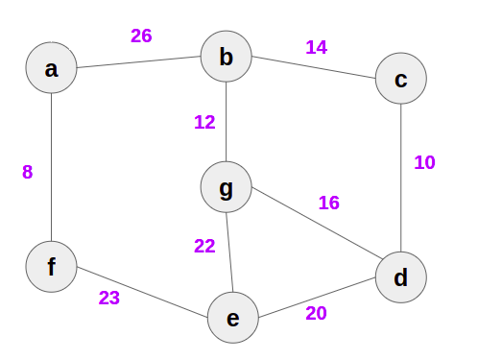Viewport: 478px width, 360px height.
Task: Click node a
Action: [51, 68]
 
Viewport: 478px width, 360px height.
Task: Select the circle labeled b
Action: [226, 57]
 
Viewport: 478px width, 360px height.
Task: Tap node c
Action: [400, 78]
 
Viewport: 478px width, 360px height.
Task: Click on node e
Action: [233, 318]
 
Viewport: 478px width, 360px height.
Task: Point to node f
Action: [51, 266]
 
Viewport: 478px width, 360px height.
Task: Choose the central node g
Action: [226, 188]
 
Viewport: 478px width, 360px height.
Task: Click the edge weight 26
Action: [141, 36]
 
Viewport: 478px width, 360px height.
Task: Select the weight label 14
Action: [316, 46]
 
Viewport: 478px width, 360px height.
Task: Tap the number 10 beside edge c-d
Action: [424, 162]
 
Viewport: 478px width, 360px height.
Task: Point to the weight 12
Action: [203, 122]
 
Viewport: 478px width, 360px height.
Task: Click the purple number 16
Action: [328, 203]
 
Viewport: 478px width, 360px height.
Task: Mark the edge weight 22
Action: [204, 246]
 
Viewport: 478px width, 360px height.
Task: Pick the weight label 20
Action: [316, 312]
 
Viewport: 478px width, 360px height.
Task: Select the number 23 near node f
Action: [109, 298]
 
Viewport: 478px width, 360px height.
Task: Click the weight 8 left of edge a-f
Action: [27, 172]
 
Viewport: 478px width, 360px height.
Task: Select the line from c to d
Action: [400, 178]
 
